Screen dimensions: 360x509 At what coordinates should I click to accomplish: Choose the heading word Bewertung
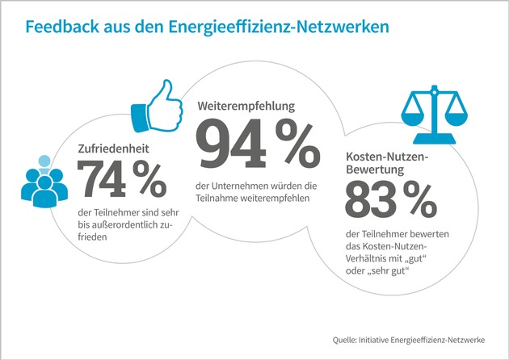[x=377, y=170]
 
